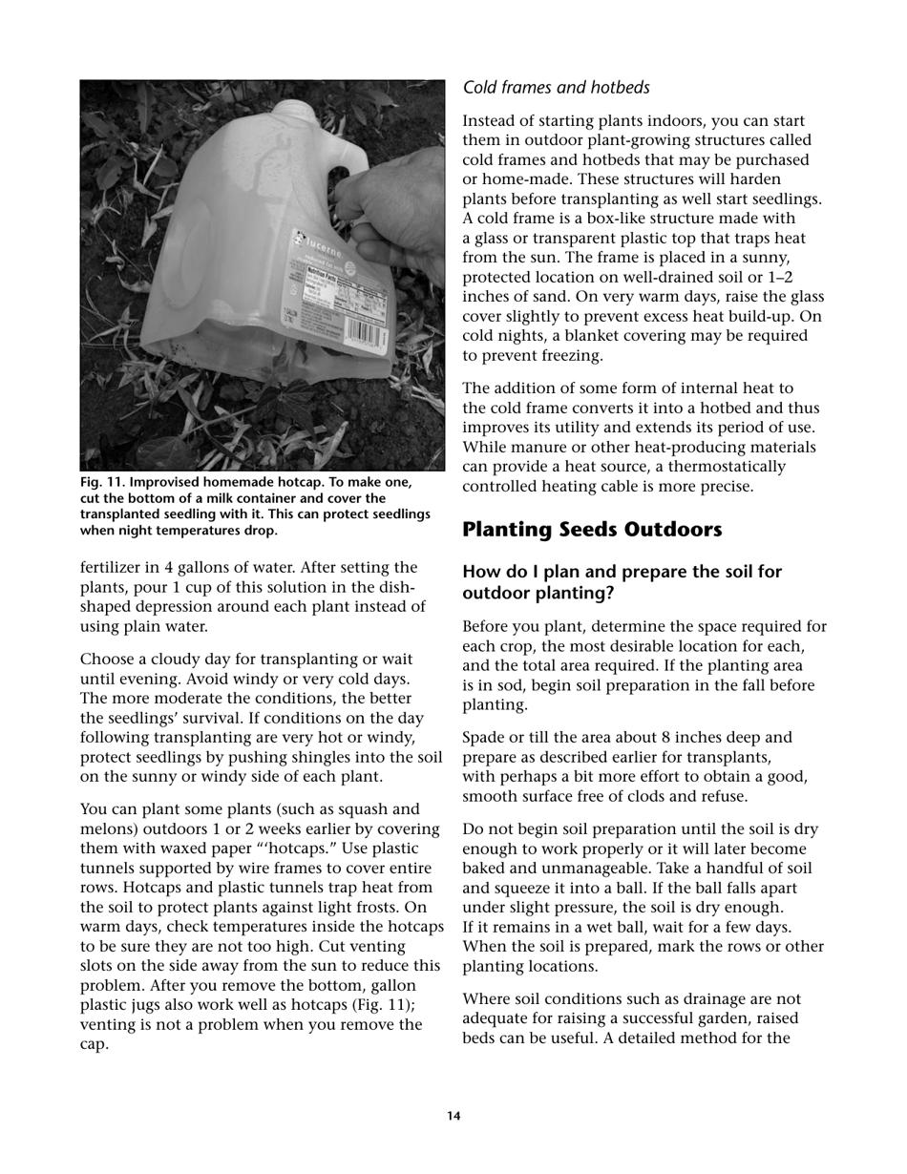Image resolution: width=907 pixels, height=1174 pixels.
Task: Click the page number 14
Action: coord(453,1116)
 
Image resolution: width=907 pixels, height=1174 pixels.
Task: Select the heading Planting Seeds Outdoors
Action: coord(593,529)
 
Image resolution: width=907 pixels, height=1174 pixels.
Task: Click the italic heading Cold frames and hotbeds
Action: coord(556,88)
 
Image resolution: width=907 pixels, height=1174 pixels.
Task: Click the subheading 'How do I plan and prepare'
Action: coord(622,572)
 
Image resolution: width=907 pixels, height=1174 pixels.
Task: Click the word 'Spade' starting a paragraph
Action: coord(483,738)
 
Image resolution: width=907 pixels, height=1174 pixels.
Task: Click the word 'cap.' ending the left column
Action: coord(95,1044)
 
